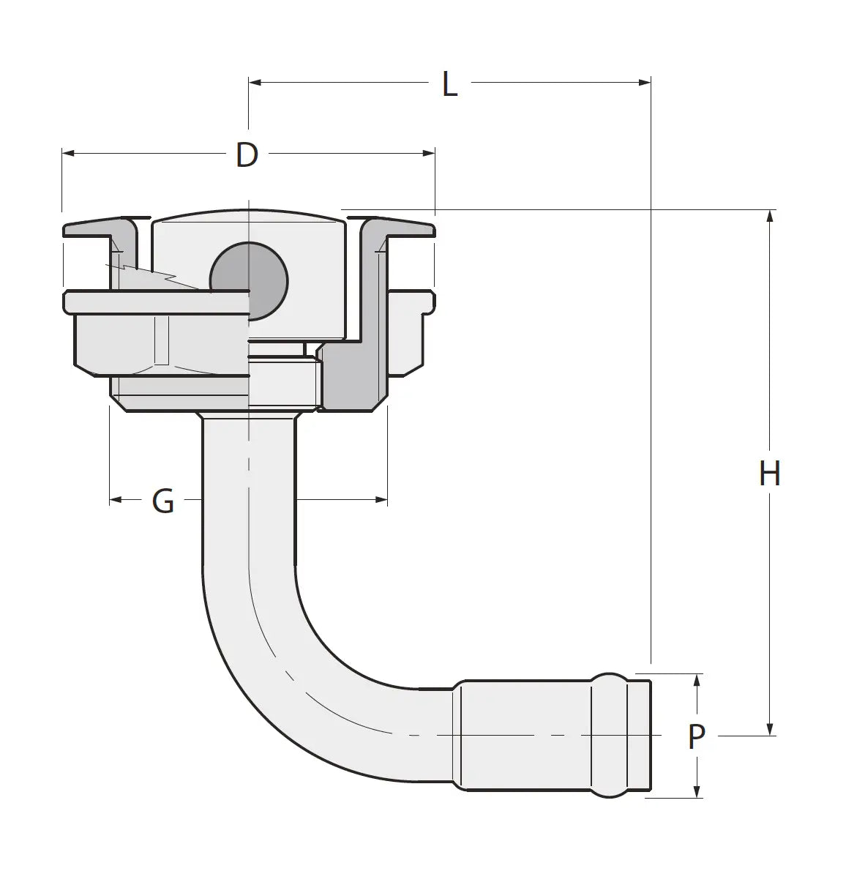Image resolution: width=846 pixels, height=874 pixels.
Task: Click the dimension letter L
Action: coord(449,85)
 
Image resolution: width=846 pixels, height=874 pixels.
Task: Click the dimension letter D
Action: coord(247,154)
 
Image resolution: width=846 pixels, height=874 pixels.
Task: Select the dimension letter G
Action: coord(162,501)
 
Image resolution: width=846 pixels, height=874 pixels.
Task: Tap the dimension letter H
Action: coord(769,474)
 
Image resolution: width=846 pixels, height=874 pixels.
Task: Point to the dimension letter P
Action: coord(696,736)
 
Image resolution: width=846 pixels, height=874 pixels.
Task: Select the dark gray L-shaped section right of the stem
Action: coord(355,373)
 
